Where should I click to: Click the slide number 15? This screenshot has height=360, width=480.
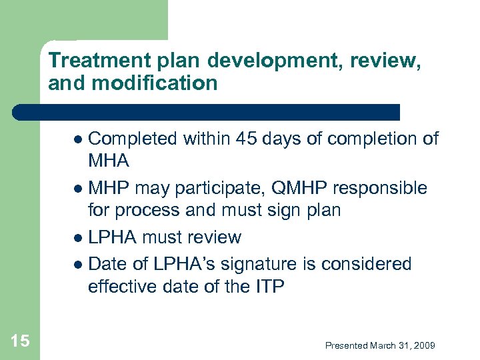point(20,341)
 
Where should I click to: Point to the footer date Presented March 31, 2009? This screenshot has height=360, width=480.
point(380,345)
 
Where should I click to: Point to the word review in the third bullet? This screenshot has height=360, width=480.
point(215,237)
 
